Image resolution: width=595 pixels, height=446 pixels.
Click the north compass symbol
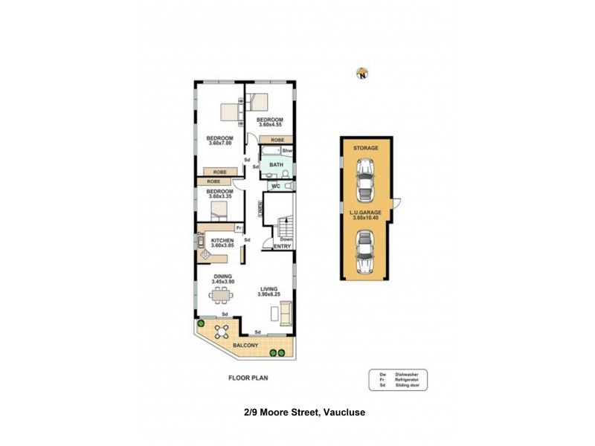(362, 73)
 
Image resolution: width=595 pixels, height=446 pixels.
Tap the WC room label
(275, 185)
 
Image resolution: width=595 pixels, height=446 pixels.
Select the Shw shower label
(286, 151)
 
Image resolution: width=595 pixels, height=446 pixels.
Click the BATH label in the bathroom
(276, 165)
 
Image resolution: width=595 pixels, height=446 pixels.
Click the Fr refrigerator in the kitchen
(239, 227)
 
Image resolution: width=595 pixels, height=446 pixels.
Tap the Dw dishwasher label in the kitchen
(201, 234)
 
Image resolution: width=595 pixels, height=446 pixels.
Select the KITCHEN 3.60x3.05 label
(222, 243)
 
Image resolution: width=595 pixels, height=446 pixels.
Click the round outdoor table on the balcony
(221, 332)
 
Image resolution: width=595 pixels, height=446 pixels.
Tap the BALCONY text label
(245, 346)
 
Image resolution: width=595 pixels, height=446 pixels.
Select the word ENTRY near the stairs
(282, 247)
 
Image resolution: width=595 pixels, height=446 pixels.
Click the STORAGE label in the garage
(365, 148)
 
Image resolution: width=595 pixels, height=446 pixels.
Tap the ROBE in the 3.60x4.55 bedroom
(277, 140)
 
